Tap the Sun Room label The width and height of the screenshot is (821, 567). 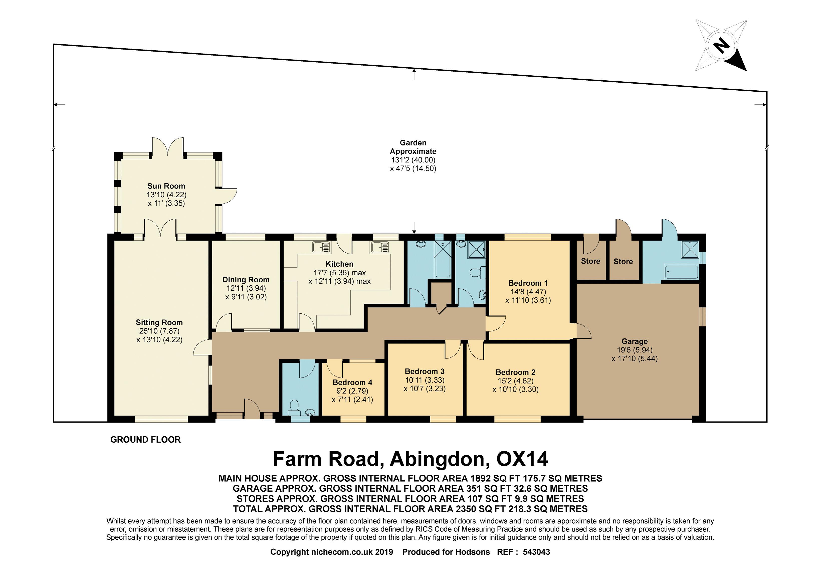(x=166, y=186)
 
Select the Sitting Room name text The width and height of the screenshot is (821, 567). (x=159, y=322)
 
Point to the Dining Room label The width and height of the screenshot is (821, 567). (x=246, y=280)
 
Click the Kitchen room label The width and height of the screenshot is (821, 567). (x=339, y=264)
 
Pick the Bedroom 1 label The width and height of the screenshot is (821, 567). (x=528, y=283)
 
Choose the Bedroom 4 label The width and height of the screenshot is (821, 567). (x=352, y=382)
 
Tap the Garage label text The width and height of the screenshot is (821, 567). (x=635, y=341)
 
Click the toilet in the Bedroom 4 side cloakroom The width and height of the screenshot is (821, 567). (x=294, y=408)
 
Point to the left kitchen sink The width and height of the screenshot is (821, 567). (x=321, y=247)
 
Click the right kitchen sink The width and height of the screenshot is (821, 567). (x=380, y=247)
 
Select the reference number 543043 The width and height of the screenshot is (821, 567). (x=536, y=552)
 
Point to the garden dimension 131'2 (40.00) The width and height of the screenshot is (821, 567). (x=413, y=160)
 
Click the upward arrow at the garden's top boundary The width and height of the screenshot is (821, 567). (x=414, y=74)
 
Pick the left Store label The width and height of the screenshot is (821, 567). (x=590, y=261)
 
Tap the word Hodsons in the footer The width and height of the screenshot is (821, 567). (x=473, y=552)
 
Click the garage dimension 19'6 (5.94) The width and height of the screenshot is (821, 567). (x=635, y=350)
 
